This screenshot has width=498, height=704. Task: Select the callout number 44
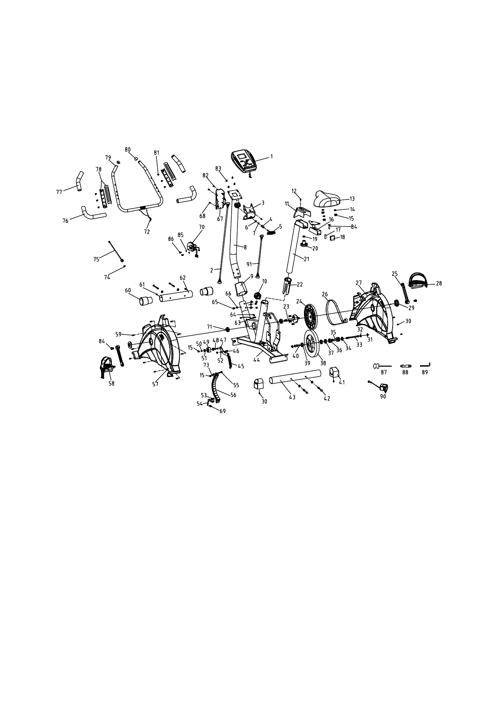(256, 359)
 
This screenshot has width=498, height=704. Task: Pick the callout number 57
(155, 384)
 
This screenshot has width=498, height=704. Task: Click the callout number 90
(383, 397)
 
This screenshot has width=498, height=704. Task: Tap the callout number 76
(66, 221)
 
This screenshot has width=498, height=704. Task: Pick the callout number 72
(147, 232)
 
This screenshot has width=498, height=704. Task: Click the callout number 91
(249, 264)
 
